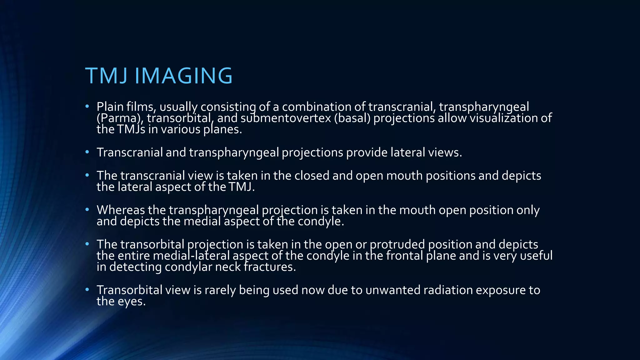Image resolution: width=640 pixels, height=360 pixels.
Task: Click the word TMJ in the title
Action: pyautogui.click(x=106, y=76)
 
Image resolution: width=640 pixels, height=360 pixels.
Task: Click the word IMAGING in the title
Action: pyautogui.click(x=183, y=76)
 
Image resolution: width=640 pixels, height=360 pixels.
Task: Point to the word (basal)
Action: pyautogui.click(x=352, y=118)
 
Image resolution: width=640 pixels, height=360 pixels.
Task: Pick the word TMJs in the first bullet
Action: pyautogui.click(x=131, y=129)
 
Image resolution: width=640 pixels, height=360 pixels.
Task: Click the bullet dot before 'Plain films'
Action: pyautogui.click(x=87, y=107)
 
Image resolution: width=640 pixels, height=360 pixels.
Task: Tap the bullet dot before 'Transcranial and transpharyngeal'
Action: pyautogui.click(x=87, y=152)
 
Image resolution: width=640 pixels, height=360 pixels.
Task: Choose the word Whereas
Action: pyautogui.click(x=121, y=210)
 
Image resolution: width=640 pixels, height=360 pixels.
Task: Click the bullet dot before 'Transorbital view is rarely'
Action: pyautogui.click(x=87, y=290)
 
